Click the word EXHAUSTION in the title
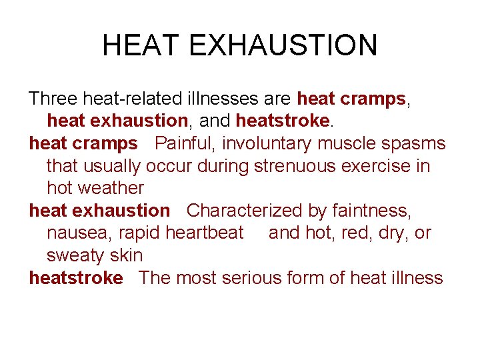tap(283, 45)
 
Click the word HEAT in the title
tap(141, 45)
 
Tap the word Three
tap(54, 99)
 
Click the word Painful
tap(184, 143)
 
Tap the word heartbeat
tap(205, 233)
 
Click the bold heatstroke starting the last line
tap(76, 278)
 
